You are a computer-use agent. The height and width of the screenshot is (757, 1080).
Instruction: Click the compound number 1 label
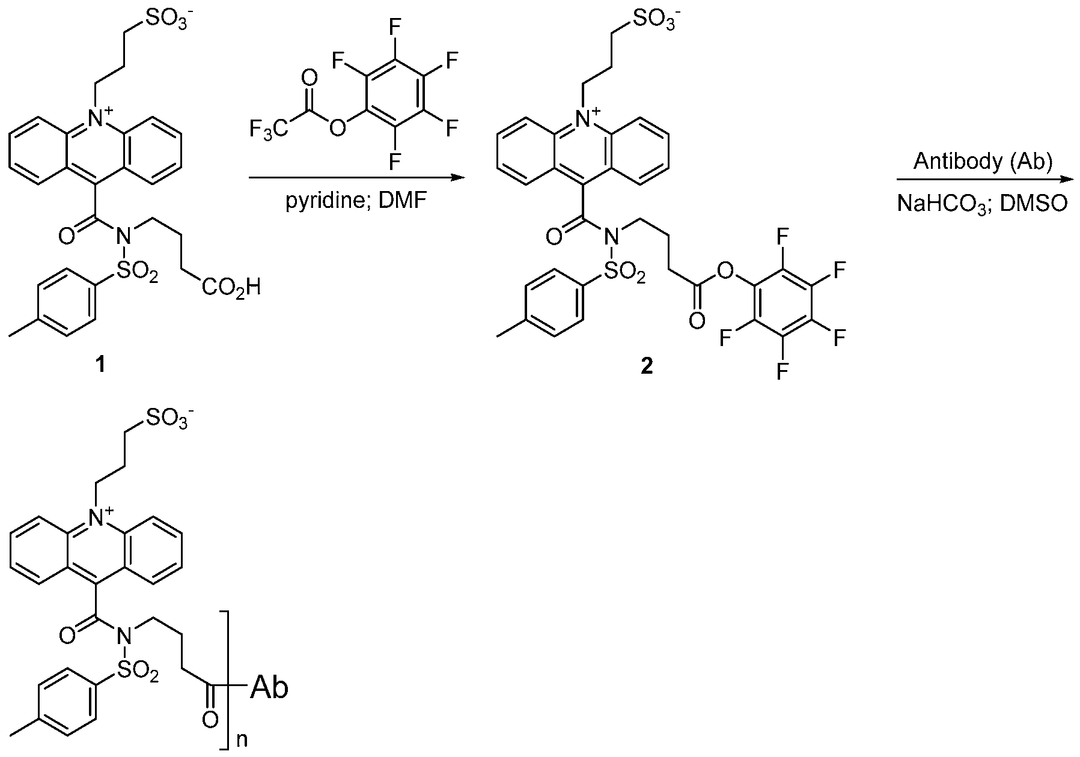point(101,365)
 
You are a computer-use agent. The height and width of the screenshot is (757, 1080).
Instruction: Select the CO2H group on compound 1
point(231,289)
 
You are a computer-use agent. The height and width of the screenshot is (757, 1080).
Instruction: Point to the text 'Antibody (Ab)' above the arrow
point(983,163)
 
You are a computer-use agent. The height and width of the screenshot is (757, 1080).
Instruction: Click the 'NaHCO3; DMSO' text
point(983,204)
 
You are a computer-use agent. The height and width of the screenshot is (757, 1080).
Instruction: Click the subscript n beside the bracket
point(242,740)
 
